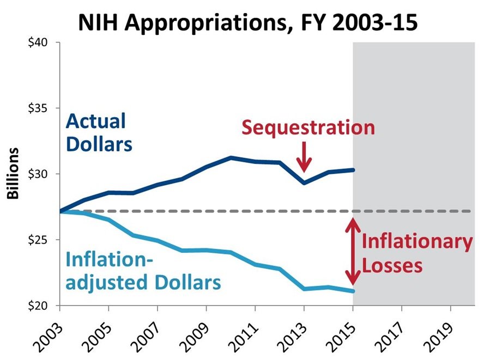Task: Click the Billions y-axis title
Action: pyautogui.click(x=13, y=174)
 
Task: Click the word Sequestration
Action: pyautogui.click(x=308, y=127)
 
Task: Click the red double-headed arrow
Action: pyautogui.click(x=353, y=252)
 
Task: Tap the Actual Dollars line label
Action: pyautogui.click(x=98, y=133)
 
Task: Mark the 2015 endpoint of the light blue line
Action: pyautogui.click(x=353, y=291)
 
